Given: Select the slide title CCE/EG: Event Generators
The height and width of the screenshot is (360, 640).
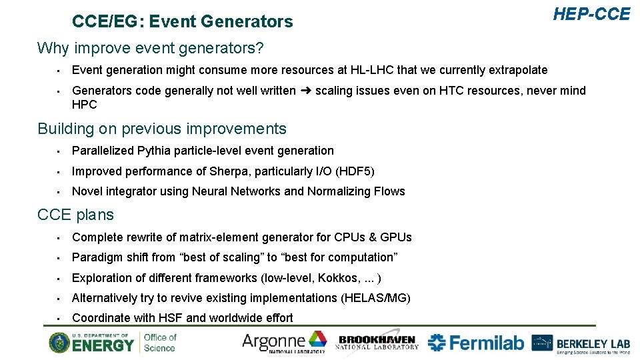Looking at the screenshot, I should pos(182,22).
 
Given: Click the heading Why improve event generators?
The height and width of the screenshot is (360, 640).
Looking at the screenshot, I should pos(151,48).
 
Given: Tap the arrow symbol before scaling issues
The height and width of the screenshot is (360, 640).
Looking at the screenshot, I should pos(305,91).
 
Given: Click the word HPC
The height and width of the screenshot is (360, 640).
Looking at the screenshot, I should pos(84,105).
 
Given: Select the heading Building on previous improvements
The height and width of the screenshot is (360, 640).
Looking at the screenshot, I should pos(162,129).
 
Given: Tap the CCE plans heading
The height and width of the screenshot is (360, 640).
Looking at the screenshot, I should pos(75,215).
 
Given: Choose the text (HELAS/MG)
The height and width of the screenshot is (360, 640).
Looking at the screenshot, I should pos(375,298).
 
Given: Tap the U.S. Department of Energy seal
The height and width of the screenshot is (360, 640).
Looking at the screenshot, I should pos(59,343).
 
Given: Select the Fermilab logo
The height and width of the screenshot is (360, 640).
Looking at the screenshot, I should pos(476,343).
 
